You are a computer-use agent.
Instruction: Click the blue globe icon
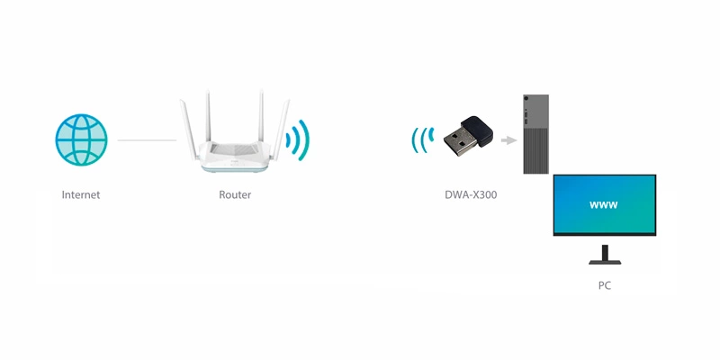coord(81,140)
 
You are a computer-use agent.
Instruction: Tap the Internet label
coord(81,194)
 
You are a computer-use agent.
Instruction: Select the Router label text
coord(235,194)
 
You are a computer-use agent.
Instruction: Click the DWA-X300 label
coord(471,194)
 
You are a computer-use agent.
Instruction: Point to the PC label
coord(604,285)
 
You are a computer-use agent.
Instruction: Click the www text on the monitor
coord(603,205)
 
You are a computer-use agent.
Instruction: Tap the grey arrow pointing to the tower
coord(508,140)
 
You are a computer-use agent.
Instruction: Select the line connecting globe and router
coord(147,140)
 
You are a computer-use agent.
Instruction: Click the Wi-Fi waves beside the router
coord(298,140)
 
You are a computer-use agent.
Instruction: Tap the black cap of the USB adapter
coord(478,130)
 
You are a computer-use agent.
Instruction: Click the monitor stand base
coord(605,262)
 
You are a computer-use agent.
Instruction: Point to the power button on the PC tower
coord(526,99)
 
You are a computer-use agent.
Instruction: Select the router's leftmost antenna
coord(189,130)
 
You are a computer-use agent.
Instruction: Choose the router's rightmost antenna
coord(281,130)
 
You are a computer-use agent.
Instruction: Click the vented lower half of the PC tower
coord(535,150)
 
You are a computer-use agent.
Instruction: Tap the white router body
coord(235,157)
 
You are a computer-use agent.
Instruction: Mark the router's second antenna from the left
coord(208,116)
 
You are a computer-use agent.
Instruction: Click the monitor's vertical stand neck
coord(605,252)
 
